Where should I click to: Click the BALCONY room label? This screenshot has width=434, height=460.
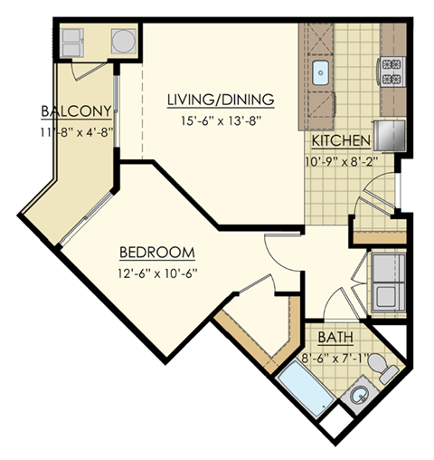[76, 111]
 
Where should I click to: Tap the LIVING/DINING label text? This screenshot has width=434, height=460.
[221, 98]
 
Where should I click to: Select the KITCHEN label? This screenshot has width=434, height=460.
[341, 141]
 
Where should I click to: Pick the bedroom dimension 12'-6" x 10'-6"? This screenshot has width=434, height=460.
[156, 271]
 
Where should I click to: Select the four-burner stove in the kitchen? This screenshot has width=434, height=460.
[392, 71]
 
